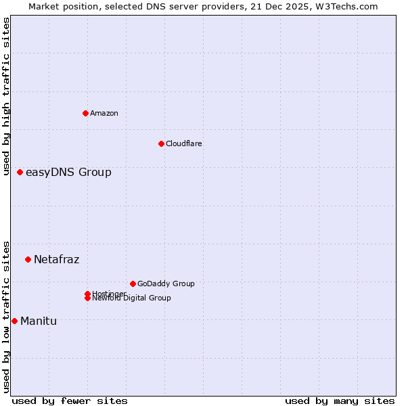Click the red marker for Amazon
(x=85, y=113)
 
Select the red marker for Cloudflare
(x=161, y=143)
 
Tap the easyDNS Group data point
(x=20, y=172)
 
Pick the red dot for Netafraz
(x=28, y=259)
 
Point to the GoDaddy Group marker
(x=133, y=284)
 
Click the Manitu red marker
(x=14, y=321)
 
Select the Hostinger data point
(x=87, y=294)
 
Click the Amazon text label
(x=104, y=113)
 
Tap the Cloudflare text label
(x=184, y=143)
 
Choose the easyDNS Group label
(x=68, y=172)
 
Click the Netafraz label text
(x=56, y=259)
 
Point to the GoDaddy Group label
(x=166, y=284)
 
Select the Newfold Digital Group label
(x=132, y=298)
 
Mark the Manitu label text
(x=39, y=321)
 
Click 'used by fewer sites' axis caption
(x=70, y=401)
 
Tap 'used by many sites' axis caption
(x=340, y=401)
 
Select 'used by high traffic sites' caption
(x=6, y=96)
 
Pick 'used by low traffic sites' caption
(x=6, y=316)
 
